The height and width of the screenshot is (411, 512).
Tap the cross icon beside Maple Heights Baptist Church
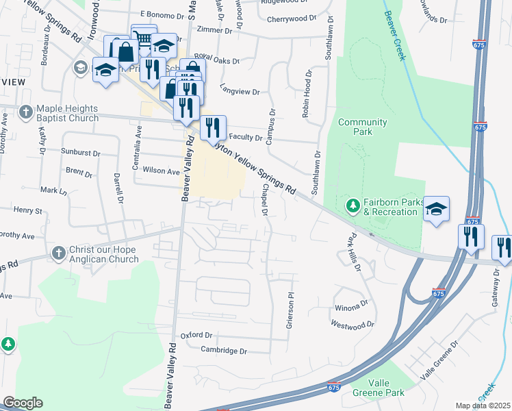[x=26, y=111]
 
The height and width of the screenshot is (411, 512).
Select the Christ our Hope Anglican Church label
[x=104, y=255]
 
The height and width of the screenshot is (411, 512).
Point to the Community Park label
[x=362, y=127]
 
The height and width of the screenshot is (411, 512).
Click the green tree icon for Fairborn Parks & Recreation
[x=353, y=206]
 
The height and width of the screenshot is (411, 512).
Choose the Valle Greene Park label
[x=378, y=388]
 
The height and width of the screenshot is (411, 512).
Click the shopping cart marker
[x=144, y=38]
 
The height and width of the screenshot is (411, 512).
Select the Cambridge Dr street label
[x=223, y=351]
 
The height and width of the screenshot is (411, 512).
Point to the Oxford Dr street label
[x=197, y=335]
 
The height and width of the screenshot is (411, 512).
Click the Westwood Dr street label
[x=353, y=324]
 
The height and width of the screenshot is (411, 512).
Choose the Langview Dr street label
[x=240, y=91]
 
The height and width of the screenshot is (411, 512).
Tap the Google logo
[x=23, y=403]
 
